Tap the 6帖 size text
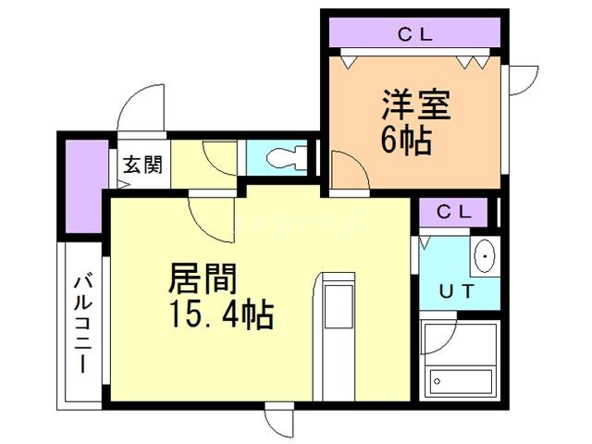pos(406,141)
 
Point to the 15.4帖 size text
pos(219,315)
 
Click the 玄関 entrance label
pos(143,166)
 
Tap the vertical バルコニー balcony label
pos(82,323)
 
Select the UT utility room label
pos(457,291)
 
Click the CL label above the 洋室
pos(416,36)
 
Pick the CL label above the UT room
pos(455,211)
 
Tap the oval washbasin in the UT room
pos(484,256)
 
